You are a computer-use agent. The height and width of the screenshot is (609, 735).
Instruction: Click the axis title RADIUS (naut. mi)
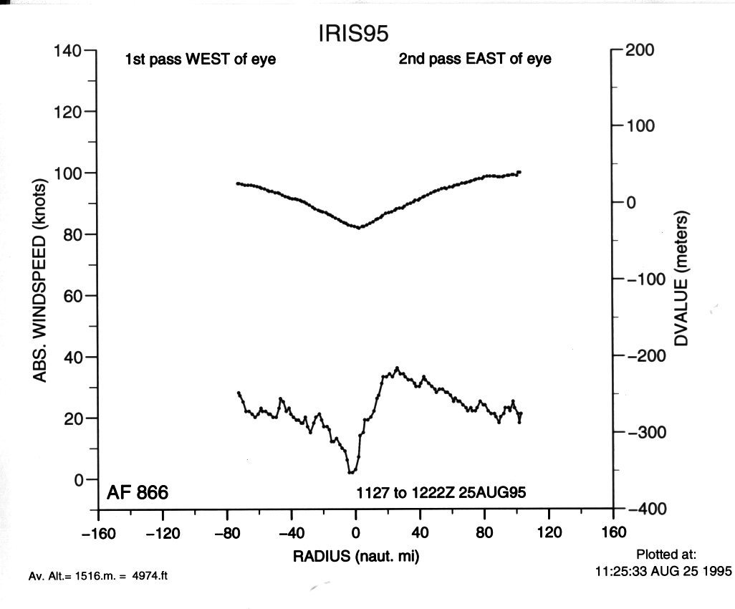pos(355,556)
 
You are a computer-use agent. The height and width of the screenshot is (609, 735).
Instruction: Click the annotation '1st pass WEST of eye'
pos(201,60)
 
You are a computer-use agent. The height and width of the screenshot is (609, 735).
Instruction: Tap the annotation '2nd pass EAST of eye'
pos(475,59)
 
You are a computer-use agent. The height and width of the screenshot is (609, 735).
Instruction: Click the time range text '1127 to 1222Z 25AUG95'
pos(442,494)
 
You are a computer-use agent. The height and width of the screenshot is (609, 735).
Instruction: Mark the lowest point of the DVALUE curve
pos(359,228)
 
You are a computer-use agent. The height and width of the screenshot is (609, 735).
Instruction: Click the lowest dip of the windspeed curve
pos(351,472)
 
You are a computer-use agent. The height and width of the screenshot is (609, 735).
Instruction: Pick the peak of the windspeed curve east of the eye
pos(397,368)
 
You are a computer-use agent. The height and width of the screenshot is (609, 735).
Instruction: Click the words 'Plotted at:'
pos(661,555)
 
